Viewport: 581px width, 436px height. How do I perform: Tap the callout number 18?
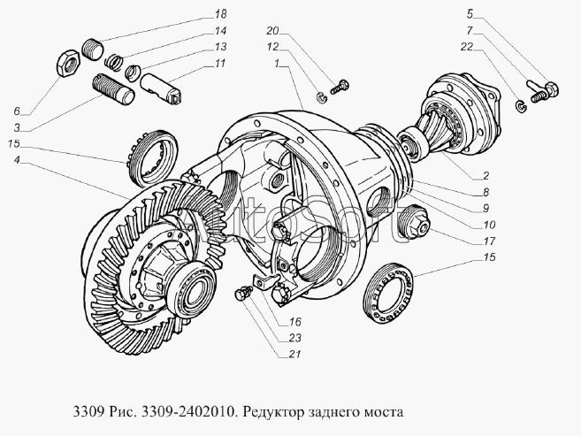pyautogui.click(x=220, y=14)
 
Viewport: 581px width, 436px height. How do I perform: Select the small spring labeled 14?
pyautogui.click(x=114, y=61)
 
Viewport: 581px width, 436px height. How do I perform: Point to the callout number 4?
pyautogui.click(x=18, y=160)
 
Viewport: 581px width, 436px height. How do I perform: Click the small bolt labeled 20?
pyautogui.click(x=339, y=87)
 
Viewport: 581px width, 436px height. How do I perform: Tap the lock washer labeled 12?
pyautogui.click(x=321, y=98)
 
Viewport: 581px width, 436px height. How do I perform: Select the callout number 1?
pyautogui.click(x=277, y=64)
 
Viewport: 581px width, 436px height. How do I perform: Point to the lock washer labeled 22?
pyautogui.click(x=522, y=107)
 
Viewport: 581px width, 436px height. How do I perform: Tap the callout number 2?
pyautogui.click(x=485, y=176)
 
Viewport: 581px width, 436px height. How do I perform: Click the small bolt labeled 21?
pyautogui.click(x=241, y=294)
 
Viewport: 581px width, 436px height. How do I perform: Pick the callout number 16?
pyautogui.click(x=295, y=322)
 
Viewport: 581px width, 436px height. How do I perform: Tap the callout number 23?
pyautogui.click(x=295, y=338)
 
